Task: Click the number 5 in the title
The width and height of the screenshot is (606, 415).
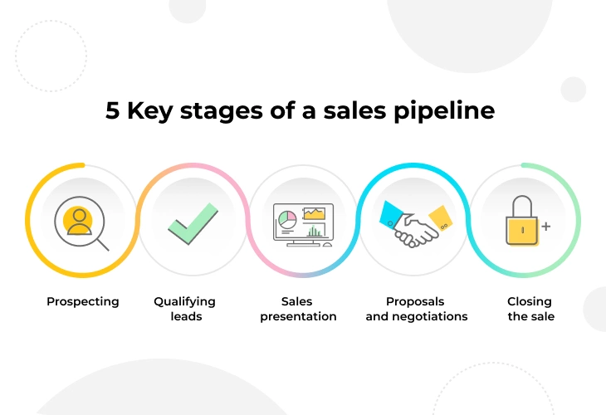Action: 112,110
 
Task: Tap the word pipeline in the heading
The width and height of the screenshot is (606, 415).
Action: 444,111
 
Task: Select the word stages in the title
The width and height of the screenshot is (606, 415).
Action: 221,112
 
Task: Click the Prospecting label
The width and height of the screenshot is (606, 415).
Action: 83,301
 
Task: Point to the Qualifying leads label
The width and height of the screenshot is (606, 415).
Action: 185,309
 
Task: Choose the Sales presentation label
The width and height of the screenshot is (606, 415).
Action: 298,309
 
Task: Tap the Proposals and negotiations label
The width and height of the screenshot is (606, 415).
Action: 416,309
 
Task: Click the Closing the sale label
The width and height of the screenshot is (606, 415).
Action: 530,309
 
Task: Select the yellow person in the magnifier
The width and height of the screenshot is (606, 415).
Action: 78,222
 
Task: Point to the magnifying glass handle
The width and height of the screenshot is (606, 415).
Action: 103,245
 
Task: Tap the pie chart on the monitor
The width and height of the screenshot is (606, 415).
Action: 287,219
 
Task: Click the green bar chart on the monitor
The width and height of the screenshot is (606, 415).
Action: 314,231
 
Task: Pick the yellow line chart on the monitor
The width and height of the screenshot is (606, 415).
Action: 314,213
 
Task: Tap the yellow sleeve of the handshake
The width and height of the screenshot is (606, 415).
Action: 442,217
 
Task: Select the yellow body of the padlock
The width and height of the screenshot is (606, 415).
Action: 522,231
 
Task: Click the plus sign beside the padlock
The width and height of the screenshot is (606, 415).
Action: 545,227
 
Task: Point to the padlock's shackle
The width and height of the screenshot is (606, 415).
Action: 522,206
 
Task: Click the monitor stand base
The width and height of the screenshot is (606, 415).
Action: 303,244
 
